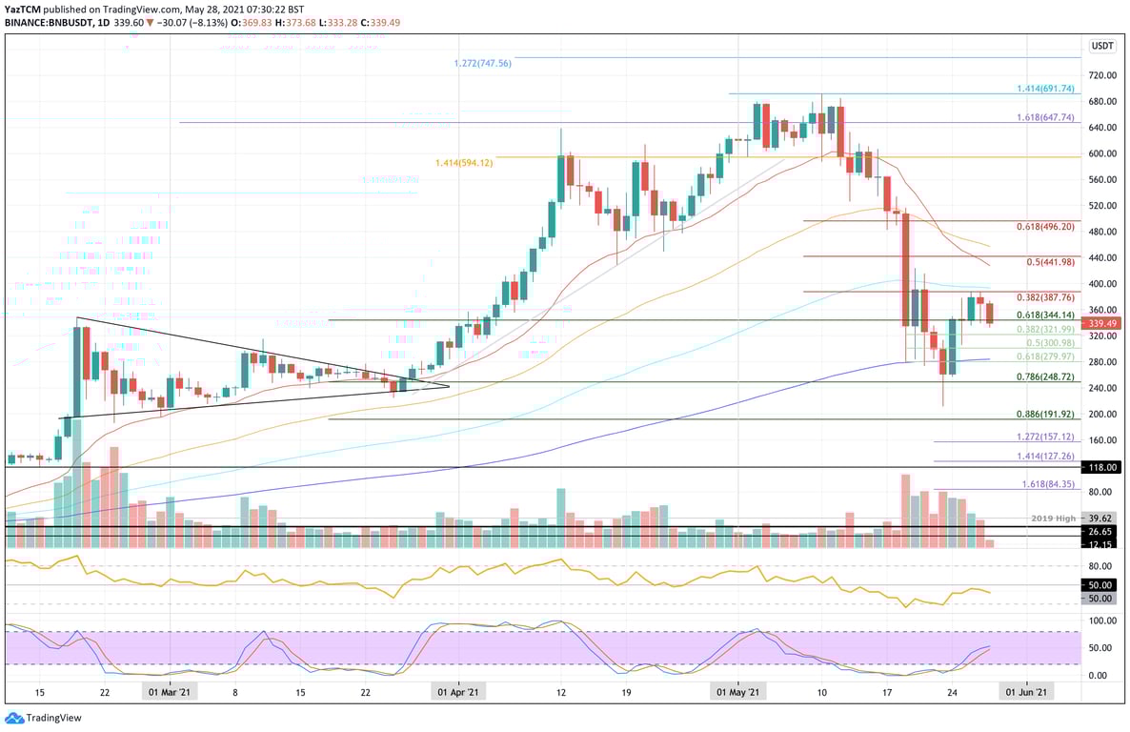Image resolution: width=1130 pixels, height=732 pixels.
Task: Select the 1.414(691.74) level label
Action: tap(1046, 89)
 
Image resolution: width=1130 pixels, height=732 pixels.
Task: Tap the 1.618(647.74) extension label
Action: tap(1046, 117)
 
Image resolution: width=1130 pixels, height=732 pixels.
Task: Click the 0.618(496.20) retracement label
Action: tap(1046, 227)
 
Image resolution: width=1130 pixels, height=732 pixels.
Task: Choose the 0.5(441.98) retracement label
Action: tap(1050, 262)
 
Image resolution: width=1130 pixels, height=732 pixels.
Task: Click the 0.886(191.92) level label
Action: tap(1046, 415)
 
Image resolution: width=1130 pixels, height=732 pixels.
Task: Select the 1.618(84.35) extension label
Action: tap(1049, 484)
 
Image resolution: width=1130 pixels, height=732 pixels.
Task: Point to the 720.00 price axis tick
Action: tap(1102, 75)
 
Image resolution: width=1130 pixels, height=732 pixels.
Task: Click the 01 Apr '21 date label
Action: tap(458, 693)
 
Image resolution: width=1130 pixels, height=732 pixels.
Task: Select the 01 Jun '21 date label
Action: tap(1026, 693)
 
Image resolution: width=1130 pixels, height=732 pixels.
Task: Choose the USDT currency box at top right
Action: tap(1102, 45)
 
